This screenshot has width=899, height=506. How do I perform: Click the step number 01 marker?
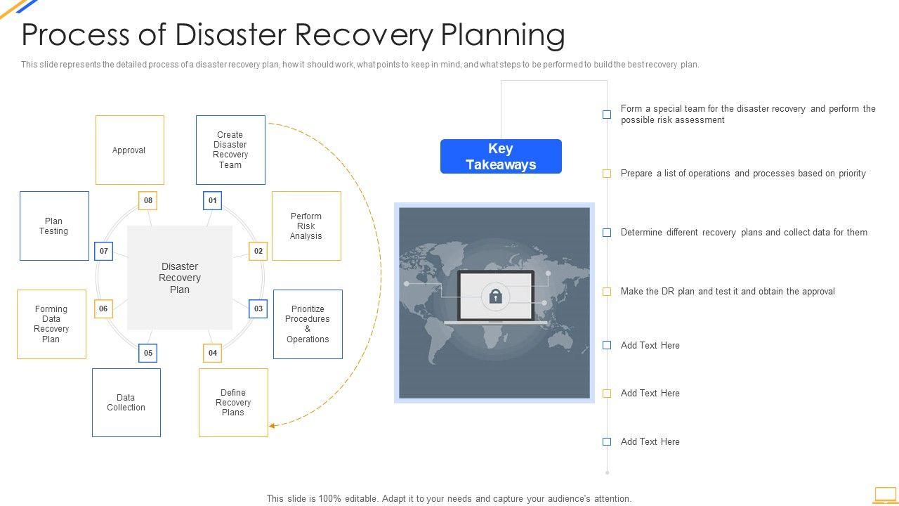click(212, 201)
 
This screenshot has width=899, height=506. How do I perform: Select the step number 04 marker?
click(212, 353)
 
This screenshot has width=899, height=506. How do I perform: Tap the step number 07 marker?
click(104, 251)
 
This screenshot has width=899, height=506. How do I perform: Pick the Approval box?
click(129, 150)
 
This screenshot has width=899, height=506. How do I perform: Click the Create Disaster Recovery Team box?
click(230, 150)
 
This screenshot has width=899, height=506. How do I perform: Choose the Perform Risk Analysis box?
click(306, 226)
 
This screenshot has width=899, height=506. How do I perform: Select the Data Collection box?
click(126, 403)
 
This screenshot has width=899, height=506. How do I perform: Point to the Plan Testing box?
click(54, 226)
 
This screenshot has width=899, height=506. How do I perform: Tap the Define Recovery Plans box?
click(233, 403)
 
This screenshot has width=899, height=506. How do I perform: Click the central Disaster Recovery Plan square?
click(180, 278)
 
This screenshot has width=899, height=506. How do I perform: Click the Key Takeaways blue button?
click(501, 157)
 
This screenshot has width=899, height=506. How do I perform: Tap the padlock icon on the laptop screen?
click(496, 296)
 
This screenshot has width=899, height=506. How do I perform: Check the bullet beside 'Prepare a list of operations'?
click(607, 174)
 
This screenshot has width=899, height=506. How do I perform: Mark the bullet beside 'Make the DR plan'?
click(607, 292)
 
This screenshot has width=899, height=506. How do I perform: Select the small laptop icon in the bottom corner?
click(885, 495)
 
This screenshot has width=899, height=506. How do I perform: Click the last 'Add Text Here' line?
click(650, 442)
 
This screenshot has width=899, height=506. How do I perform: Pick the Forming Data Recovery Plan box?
click(51, 324)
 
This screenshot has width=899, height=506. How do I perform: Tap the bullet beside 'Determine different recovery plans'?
click(607, 233)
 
